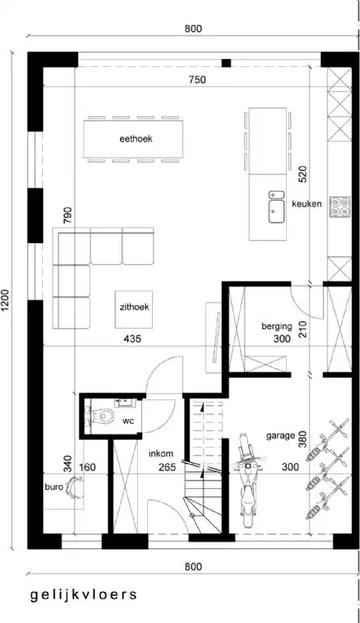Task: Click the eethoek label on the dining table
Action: [x=136, y=139]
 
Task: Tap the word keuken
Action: [x=307, y=204]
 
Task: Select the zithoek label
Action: [x=134, y=307]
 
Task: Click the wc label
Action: [x=129, y=421]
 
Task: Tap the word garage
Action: [x=279, y=436]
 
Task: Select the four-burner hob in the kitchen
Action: [x=340, y=206]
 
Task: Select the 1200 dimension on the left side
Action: [x=6, y=300]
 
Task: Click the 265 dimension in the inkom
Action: [x=168, y=467]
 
